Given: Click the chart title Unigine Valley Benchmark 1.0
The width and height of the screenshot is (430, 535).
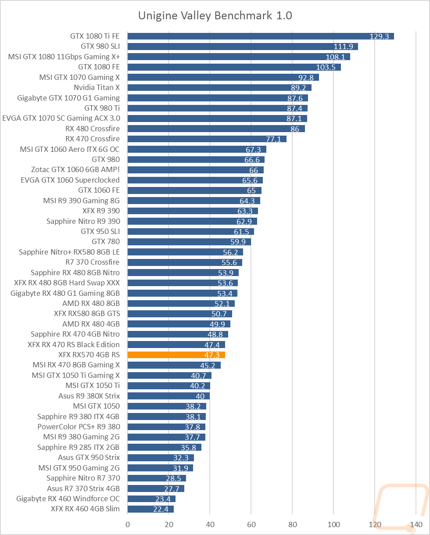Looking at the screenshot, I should pyautogui.click(x=215, y=16).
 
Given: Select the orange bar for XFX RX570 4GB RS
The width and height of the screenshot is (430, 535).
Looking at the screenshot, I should pyautogui.click(x=176, y=355).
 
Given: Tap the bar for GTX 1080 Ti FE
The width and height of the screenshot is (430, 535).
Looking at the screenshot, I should pyautogui.click(x=261, y=36).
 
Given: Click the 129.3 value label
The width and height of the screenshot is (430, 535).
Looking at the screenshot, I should pyautogui.click(x=380, y=36).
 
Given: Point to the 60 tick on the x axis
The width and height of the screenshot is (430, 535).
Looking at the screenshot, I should pyautogui.click(x=251, y=524).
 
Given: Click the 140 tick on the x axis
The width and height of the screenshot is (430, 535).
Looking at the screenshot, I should pyautogui.click(x=416, y=524).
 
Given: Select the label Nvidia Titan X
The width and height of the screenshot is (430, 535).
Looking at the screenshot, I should pyautogui.click(x=97, y=87).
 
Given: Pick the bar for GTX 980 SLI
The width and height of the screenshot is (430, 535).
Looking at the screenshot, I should pyautogui.click(x=243, y=46).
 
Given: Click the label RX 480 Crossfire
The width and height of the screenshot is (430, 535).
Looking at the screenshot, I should pyautogui.click(x=92, y=129).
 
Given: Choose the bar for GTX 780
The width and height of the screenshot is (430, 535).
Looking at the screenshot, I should pyautogui.click(x=189, y=241).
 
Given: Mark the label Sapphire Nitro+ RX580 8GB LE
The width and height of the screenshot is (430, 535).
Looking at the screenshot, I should pyautogui.click(x=69, y=252).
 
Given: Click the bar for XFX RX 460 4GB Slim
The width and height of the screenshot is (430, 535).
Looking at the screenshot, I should pyautogui.click(x=150, y=509).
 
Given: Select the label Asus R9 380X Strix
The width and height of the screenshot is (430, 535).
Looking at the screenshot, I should pyautogui.click(x=89, y=396).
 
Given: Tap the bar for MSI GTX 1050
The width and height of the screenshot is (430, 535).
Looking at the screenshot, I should pyautogui.click(x=167, y=406).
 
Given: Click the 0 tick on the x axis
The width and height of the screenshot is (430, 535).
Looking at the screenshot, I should pyautogui.click(x=128, y=524).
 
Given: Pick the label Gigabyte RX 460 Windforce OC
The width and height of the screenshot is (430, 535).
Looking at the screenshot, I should pyautogui.click(x=68, y=499).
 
